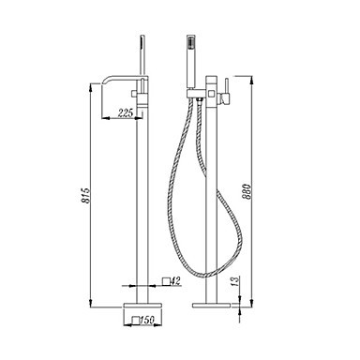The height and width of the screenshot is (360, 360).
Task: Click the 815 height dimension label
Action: click(86, 196)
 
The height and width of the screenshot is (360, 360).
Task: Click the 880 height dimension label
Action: click(247, 191)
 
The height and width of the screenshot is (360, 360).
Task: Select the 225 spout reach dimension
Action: click(126, 112)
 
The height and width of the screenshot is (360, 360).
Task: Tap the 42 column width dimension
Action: click(176, 281)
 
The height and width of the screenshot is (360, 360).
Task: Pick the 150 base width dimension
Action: click(147, 320)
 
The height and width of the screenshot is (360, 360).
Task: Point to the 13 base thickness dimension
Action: click(235, 281)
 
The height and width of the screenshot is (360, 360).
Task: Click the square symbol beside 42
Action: click(167, 281)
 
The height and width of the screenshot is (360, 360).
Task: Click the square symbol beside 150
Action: click(135, 321)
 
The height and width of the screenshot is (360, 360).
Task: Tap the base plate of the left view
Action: click(142, 305)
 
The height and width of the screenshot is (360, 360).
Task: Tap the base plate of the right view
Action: click(211, 305)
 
